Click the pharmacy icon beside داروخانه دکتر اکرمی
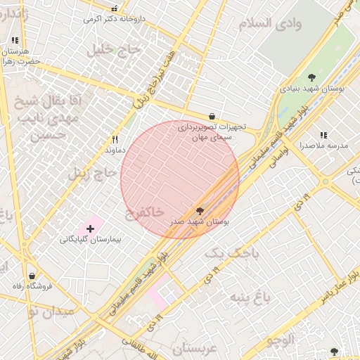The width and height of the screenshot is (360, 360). (115, 9)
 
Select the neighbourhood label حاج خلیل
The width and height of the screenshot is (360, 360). (113, 50)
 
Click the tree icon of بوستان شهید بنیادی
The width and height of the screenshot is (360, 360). (311, 77)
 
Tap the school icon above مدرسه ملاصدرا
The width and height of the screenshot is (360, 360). (323, 135)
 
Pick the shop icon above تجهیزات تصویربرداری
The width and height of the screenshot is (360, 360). (212, 116)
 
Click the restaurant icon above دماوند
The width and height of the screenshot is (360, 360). (115, 139)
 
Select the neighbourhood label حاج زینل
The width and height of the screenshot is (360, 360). (91, 173)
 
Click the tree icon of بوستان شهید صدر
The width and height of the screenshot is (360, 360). (200, 210)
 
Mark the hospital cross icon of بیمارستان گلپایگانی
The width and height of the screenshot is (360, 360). (90, 229)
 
